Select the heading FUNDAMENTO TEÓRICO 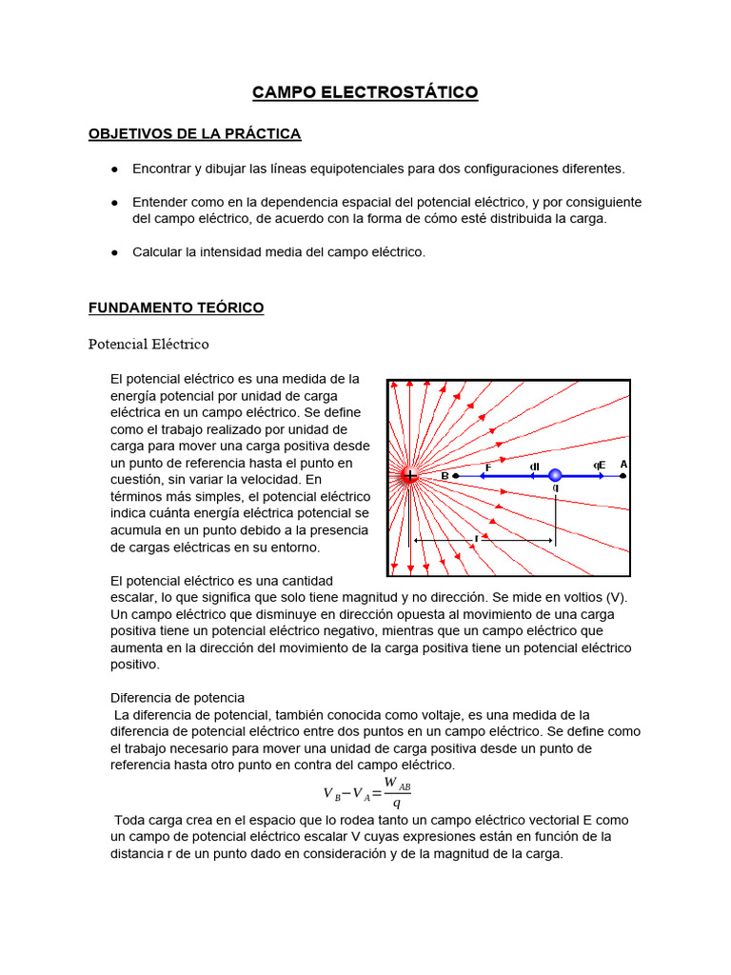176,308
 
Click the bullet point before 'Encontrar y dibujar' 114,169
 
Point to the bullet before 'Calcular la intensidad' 114,252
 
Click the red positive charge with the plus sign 409,475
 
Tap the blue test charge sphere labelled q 555,475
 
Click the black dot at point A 622,475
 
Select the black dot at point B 456,475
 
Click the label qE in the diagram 599,466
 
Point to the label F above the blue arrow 488,467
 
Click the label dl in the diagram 535,466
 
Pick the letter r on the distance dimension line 477,538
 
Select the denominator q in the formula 396,802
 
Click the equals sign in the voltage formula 377,793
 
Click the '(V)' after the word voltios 617,597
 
